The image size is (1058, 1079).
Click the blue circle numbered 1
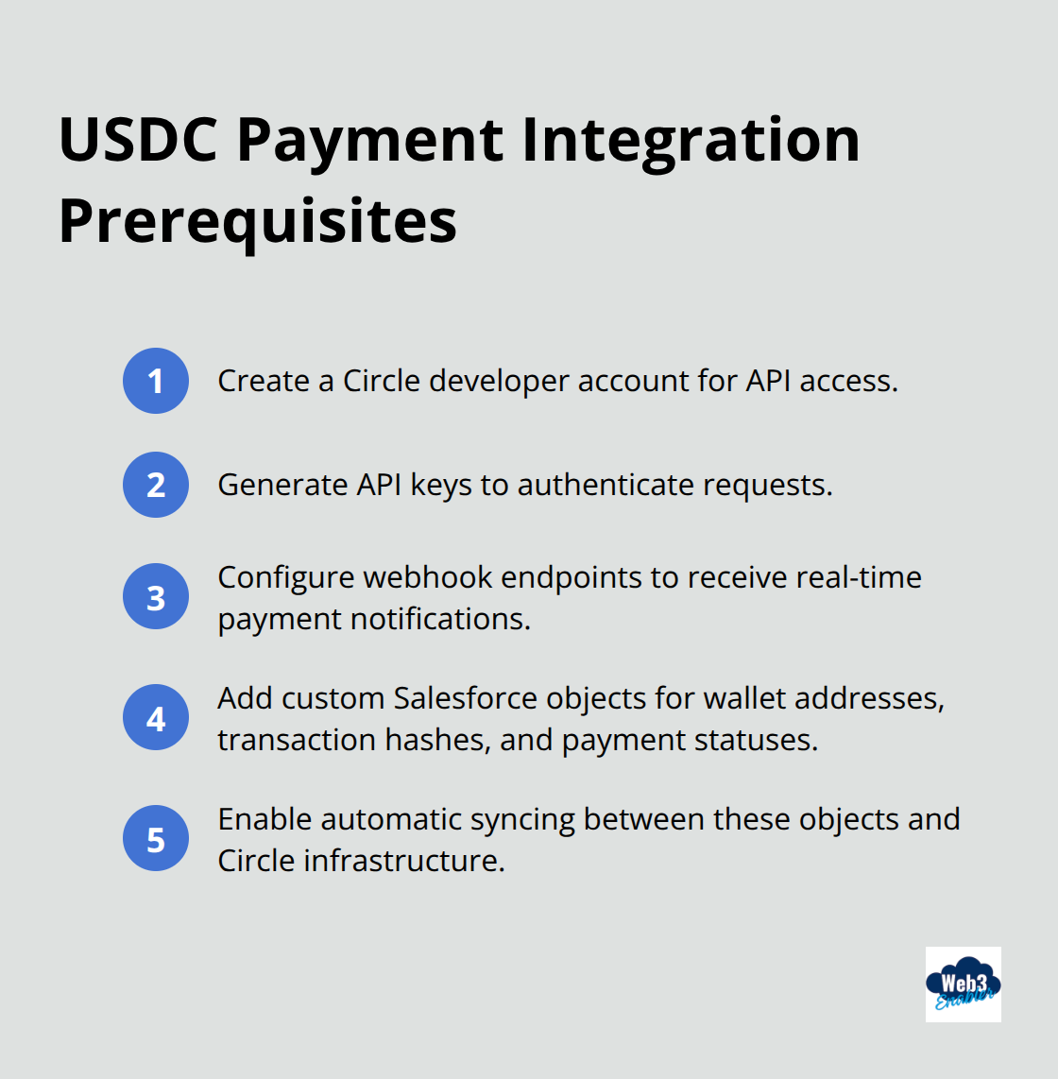[156, 381]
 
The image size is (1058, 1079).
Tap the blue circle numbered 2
[156, 485]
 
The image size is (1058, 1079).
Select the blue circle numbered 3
[156, 597]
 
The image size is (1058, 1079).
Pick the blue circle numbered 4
[156, 718]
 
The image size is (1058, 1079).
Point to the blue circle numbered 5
[156, 839]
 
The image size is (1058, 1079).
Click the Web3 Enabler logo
[963, 985]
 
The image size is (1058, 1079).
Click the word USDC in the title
[139, 140]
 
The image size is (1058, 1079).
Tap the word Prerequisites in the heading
[257, 221]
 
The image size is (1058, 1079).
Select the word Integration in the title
[691, 140]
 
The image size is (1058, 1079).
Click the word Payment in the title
[370, 140]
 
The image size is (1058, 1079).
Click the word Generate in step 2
[282, 485]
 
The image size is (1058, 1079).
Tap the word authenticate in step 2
[606, 485]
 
